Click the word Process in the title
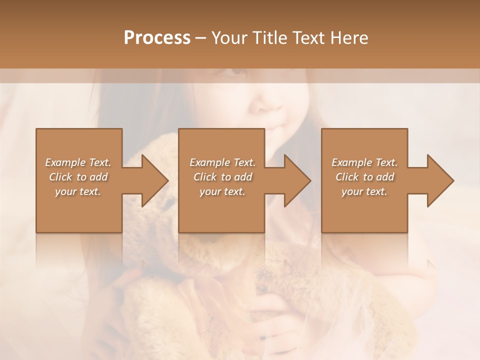click(x=157, y=37)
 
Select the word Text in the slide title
click(x=308, y=37)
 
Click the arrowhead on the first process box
click(x=153, y=180)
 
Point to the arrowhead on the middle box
click(x=296, y=180)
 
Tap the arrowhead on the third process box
click(x=439, y=180)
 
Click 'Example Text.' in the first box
click(x=78, y=162)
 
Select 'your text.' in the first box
click(x=78, y=191)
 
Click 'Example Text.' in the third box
click(x=364, y=162)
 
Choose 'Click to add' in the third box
click(x=364, y=177)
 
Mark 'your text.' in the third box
click(x=364, y=191)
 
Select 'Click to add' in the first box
click(x=78, y=177)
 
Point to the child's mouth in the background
click(x=274, y=129)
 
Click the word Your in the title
click(x=229, y=37)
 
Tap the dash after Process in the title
click(x=200, y=38)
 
